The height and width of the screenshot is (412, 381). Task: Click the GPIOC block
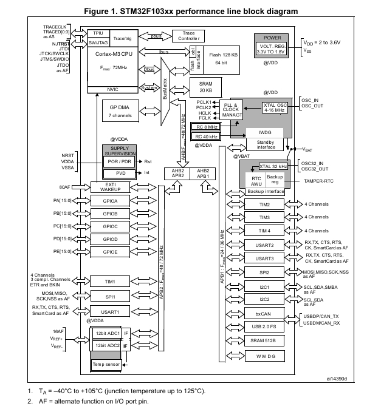(111, 226)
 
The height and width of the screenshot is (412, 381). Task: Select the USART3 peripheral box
(264, 258)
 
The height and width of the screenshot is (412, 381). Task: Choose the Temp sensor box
(106, 364)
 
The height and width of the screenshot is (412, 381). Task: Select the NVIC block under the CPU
(112, 89)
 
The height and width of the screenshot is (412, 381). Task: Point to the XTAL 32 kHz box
(273, 166)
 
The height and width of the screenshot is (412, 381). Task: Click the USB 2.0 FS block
(264, 326)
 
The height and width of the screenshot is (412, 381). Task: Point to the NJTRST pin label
(60, 44)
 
